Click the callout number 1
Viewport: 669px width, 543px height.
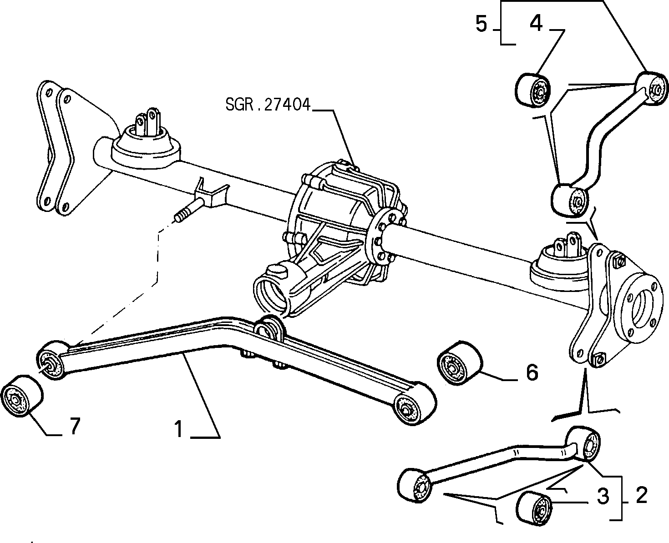(179, 429)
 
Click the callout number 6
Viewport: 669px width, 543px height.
(532, 373)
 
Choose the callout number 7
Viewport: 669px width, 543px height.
(74, 426)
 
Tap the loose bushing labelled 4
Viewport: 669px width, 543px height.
(533, 90)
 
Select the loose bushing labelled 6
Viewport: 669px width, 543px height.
(460, 362)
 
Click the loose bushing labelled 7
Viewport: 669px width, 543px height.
(22, 396)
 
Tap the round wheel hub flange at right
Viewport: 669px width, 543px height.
(638, 308)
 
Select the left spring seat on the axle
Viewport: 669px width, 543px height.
(146, 147)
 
